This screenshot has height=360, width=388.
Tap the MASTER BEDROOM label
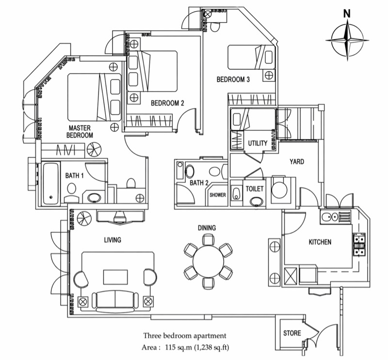[x=80, y=132]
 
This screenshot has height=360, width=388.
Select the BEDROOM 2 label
[x=167, y=103]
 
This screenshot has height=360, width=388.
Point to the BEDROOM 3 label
[x=233, y=80]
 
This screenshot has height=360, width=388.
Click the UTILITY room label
[x=258, y=143]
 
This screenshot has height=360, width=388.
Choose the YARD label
[x=296, y=161]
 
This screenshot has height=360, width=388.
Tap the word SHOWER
[x=217, y=195]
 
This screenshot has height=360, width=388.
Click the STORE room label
[x=292, y=333]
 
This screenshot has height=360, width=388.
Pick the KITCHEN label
[x=321, y=241]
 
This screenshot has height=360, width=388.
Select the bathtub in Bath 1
[x=50, y=183]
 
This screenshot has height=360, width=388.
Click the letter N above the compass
[x=347, y=14]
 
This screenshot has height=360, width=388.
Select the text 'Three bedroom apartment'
[x=184, y=335]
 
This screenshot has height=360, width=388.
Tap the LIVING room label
[x=113, y=239]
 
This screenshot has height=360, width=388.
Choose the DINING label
[x=207, y=228]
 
